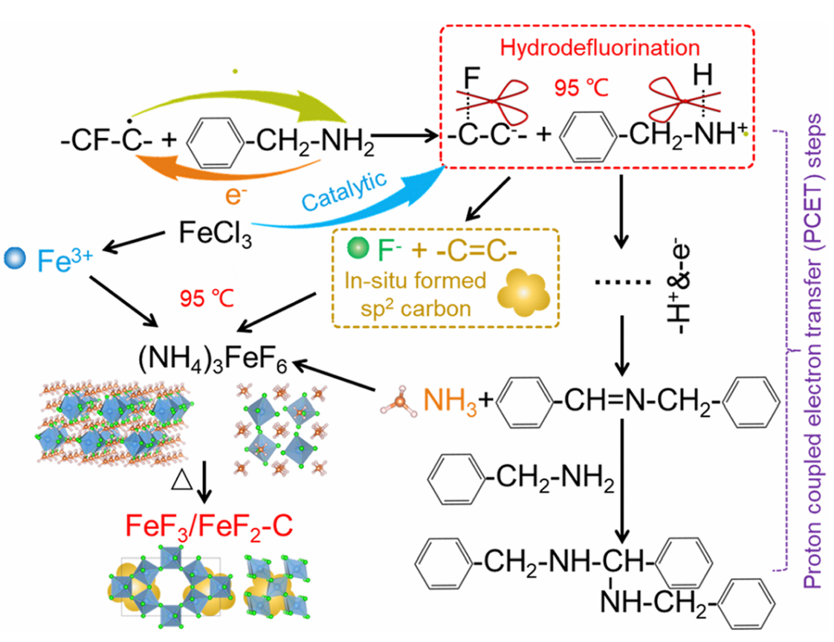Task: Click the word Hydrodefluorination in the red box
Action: [600, 48]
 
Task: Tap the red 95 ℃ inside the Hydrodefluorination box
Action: [581, 88]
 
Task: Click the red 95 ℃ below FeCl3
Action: [204, 298]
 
